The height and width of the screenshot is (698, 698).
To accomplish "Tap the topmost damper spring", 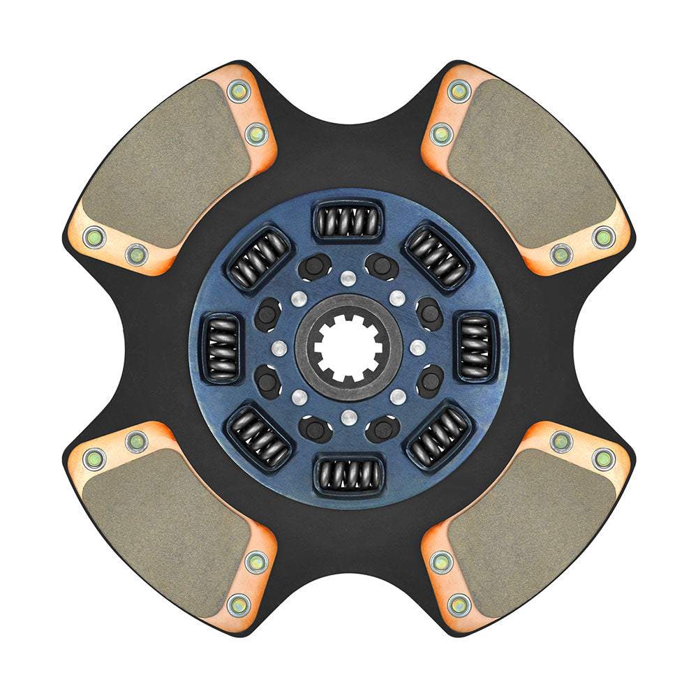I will pos(348,221).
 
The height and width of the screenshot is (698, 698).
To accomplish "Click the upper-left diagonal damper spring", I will pos(259,258).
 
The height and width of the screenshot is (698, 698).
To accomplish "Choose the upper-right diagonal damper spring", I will pos(438,258).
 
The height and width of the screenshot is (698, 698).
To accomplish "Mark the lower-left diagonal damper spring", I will pos(259,438).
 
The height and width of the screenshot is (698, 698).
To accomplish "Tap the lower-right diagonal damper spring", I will pos(438,438).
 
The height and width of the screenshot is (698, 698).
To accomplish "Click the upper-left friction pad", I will pos(161,164).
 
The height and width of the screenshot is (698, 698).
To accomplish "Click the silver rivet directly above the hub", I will pos(348,279).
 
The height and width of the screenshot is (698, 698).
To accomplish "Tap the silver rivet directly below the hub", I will pos(348,417).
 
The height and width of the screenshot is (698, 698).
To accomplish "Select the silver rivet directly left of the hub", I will pos(279,348).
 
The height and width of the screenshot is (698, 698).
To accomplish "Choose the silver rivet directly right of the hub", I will pos(417,348).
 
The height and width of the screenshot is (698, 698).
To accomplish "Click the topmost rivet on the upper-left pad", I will pos(239,90).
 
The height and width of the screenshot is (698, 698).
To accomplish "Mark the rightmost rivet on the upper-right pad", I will pos(604,237).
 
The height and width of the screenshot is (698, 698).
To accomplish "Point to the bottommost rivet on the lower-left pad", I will pos(239,605).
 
